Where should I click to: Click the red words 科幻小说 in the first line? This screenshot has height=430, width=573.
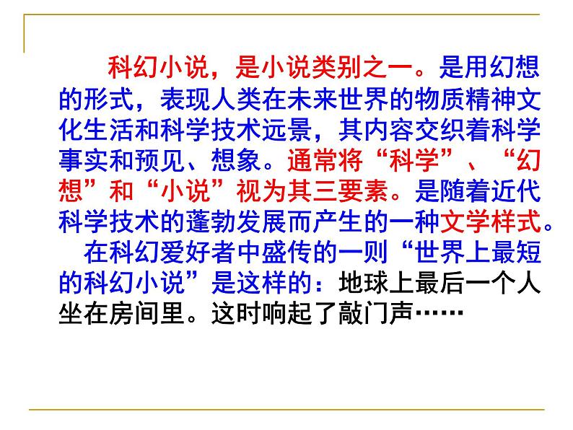click(156, 69)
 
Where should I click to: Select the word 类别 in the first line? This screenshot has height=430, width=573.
click(323, 69)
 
